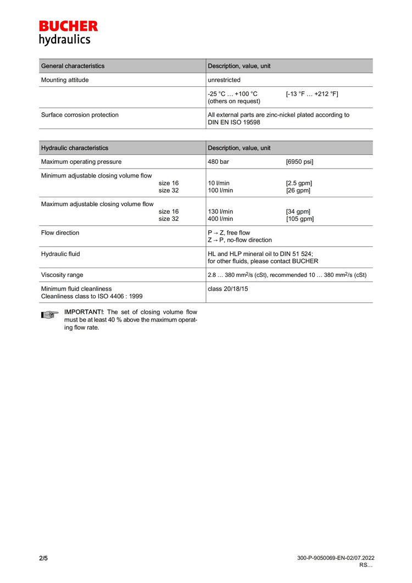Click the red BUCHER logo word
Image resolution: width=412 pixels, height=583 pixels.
68,26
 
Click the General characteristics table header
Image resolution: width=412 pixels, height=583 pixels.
73,66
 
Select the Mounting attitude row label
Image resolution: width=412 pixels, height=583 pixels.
65,80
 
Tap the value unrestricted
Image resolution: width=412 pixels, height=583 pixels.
224,80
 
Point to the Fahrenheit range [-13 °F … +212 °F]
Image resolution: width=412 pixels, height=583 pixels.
312,94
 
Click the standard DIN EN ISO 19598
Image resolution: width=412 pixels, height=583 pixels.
234,123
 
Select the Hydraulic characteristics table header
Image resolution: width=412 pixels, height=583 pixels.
75,148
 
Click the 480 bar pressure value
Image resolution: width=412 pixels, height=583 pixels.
218,162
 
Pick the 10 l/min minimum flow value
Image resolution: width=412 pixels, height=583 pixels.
219,183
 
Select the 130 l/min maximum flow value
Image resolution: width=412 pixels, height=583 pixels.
220,212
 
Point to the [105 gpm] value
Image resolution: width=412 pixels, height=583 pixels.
300,219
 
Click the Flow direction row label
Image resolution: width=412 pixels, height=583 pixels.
60,233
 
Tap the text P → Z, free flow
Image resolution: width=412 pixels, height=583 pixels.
229,233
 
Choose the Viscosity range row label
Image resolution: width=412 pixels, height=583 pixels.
62,275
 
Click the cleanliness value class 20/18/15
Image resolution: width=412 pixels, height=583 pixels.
227,288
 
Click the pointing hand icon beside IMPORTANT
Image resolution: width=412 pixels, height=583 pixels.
49,315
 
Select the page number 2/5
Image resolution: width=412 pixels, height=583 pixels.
43,558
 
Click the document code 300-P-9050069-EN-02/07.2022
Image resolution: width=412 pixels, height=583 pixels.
335,558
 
